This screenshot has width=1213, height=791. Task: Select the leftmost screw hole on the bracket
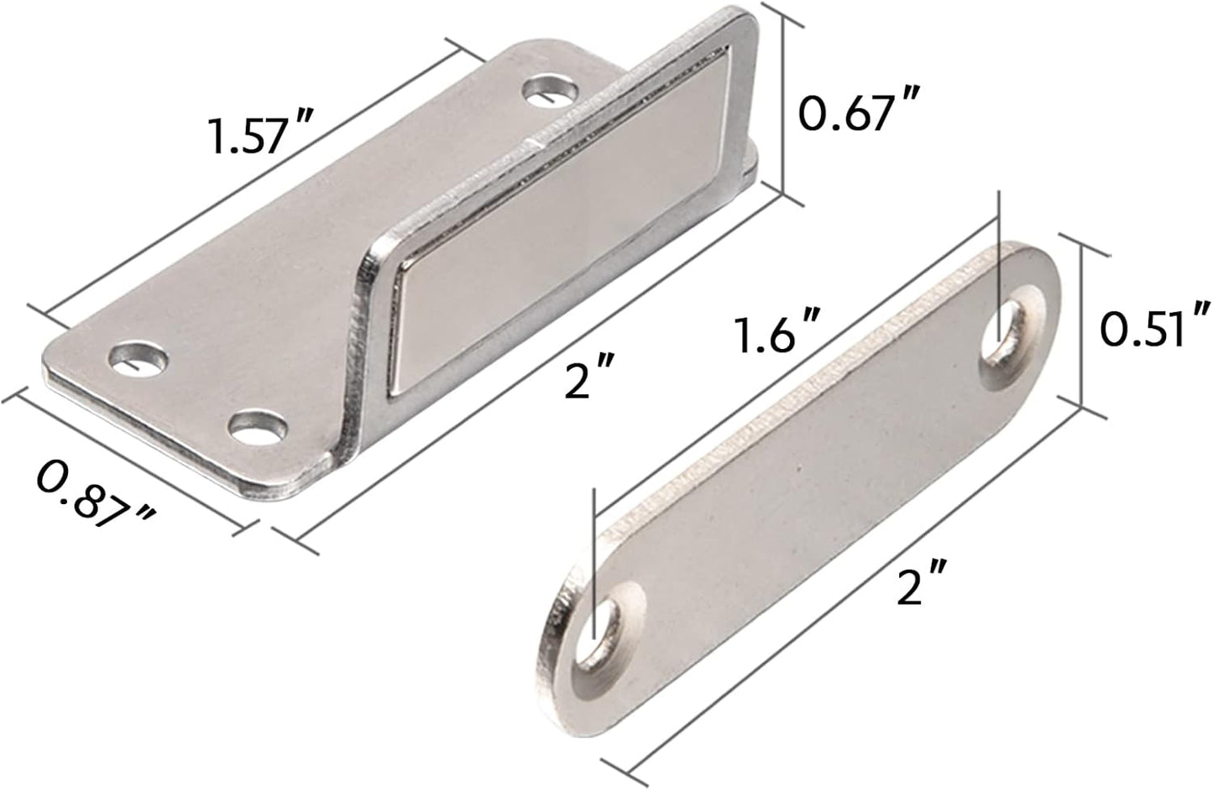(136, 356)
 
